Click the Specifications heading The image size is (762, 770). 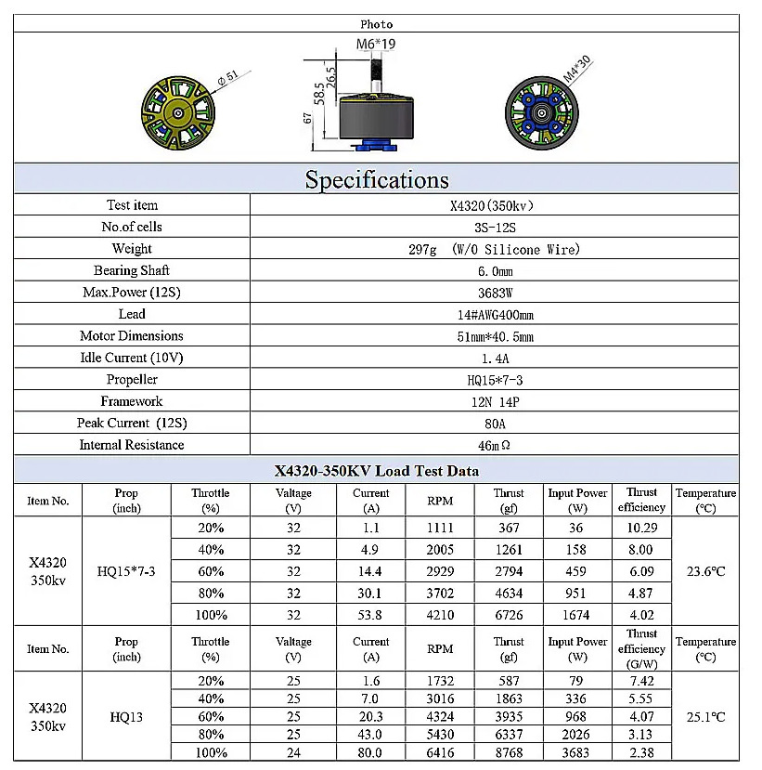(x=376, y=179)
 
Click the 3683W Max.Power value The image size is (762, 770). (x=494, y=293)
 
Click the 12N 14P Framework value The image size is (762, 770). (x=494, y=401)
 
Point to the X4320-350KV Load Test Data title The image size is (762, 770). (x=376, y=471)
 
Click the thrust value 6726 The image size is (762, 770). (x=509, y=615)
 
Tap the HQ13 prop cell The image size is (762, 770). (x=126, y=717)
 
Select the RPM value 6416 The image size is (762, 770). (x=440, y=752)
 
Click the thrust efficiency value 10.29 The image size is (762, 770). (x=641, y=528)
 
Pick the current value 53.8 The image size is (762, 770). (x=370, y=615)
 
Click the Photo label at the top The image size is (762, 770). (x=376, y=24)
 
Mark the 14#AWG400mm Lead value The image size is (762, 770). (x=494, y=315)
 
